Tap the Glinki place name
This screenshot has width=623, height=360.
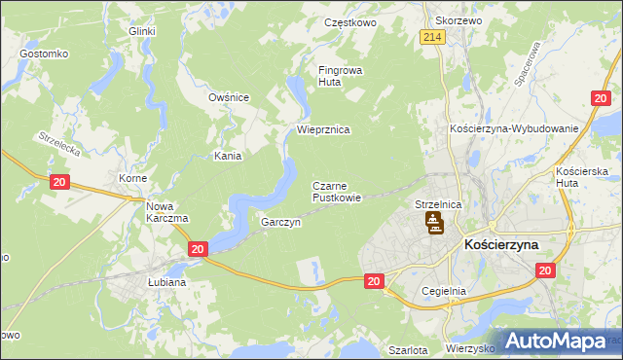[142, 31]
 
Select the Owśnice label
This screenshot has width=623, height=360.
[230, 97]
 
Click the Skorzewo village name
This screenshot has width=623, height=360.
[458, 20]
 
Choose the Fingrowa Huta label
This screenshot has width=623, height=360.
[338, 76]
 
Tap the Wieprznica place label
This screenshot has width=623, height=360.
[323, 128]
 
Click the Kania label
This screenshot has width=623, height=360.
[228, 155]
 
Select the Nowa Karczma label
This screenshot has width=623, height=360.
[166, 212]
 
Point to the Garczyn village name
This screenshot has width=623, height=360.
[280, 222]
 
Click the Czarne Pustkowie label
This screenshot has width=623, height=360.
[337, 191]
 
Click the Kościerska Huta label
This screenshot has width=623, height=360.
[582, 178]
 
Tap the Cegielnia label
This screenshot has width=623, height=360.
[446, 291]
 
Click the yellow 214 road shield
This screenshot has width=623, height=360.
[433, 37]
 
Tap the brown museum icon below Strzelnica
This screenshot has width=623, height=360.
[434, 226]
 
